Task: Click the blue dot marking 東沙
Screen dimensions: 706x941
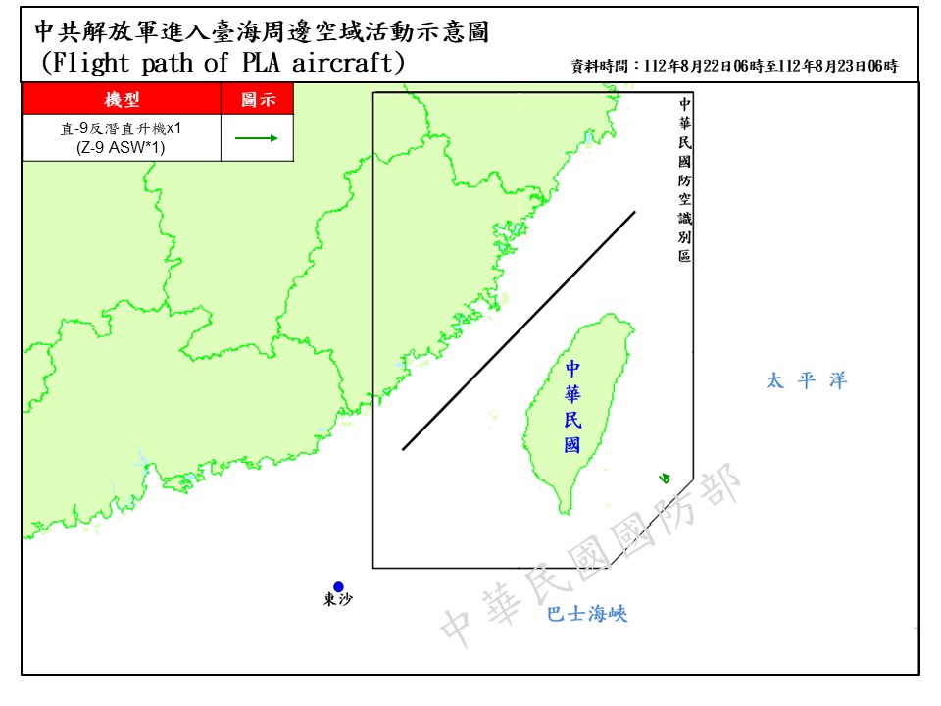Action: (x=338, y=586)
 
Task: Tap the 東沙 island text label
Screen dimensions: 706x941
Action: (x=338, y=601)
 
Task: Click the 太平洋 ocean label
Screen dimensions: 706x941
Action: (x=806, y=381)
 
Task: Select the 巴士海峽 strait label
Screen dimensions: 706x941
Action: (x=586, y=615)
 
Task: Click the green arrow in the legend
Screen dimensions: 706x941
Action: (x=257, y=138)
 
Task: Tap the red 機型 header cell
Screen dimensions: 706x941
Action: (x=122, y=100)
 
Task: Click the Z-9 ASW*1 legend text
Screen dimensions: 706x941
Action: (x=122, y=148)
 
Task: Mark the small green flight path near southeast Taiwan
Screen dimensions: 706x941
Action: (x=665, y=479)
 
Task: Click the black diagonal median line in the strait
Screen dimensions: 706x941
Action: (x=519, y=330)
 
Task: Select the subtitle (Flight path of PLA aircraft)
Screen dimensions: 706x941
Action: (x=223, y=64)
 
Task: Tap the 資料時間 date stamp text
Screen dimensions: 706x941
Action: (x=734, y=67)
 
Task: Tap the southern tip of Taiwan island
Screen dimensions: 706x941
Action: (x=566, y=511)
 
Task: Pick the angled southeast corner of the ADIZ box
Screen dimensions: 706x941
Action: (x=693, y=479)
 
